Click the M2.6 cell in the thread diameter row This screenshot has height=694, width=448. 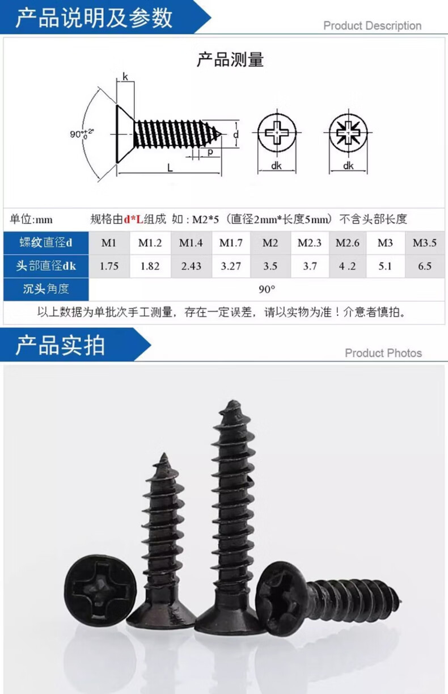point(347,243)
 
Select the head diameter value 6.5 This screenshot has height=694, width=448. point(425,266)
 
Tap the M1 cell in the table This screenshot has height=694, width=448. point(109,243)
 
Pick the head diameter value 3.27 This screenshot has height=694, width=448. point(231,266)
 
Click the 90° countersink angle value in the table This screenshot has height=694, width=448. point(267,289)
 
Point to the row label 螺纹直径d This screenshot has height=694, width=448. point(46,243)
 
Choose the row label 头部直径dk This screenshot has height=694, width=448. point(46,266)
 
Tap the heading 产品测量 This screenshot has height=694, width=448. point(230,60)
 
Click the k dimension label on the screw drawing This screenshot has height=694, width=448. point(125,77)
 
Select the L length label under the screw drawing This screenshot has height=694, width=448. point(170,167)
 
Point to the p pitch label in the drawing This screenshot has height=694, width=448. point(210,152)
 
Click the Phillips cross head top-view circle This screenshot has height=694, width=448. point(276,134)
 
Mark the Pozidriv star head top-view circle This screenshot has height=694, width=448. point(348,134)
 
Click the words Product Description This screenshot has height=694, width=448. point(372,26)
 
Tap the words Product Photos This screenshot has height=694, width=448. point(383,353)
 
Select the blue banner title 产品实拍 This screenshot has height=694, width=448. point(60,345)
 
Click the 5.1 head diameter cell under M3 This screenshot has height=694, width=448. point(385,266)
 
